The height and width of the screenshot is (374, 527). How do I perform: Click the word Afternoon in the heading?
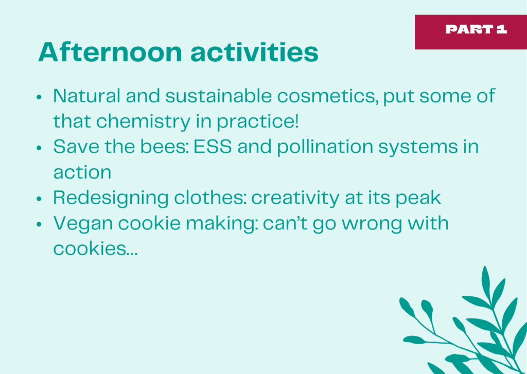[x=110, y=52]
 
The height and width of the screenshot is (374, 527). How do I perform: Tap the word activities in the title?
[x=254, y=52]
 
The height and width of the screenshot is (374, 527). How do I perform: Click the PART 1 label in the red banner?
[x=476, y=29]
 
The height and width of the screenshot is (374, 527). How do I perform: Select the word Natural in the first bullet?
[x=86, y=96]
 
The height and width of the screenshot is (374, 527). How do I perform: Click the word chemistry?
[x=143, y=121]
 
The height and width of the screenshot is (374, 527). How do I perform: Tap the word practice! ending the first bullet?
[x=257, y=121]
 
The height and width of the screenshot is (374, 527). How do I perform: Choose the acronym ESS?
[x=213, y=147]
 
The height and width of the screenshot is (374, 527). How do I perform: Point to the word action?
[x=82, y=172]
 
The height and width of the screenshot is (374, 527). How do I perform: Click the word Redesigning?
[x=111, y=198]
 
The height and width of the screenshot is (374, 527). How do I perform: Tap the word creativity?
[x=295, y=198]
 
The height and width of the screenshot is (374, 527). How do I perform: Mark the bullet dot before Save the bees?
[x=39, y=148]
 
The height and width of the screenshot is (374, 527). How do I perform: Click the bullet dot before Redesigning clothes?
[x=39, y=199]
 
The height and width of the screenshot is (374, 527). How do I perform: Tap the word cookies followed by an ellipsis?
[x=95, y=248]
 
